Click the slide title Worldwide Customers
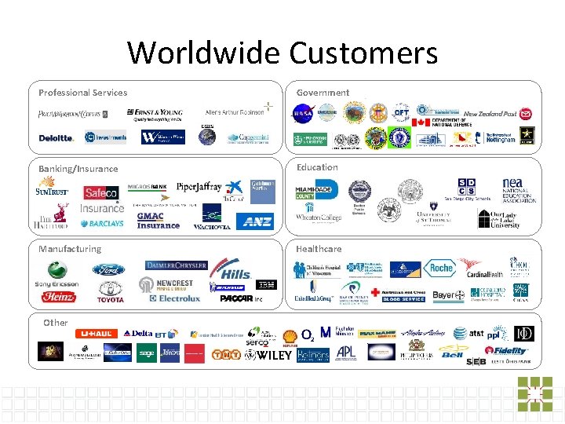point(282,53)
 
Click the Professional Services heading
point(82,93)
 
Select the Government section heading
point(323,93)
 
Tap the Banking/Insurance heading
point(78,169)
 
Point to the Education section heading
point(317,167)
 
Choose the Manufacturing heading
point(70,249)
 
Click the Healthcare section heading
point(319,249)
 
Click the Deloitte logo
point(56,137)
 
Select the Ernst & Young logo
point(159,115)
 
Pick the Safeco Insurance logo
point(102,198)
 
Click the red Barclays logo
point(102,223)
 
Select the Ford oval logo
point(108,270)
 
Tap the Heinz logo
point(60,298)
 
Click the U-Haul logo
point(96,334)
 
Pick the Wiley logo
point(268,355)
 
